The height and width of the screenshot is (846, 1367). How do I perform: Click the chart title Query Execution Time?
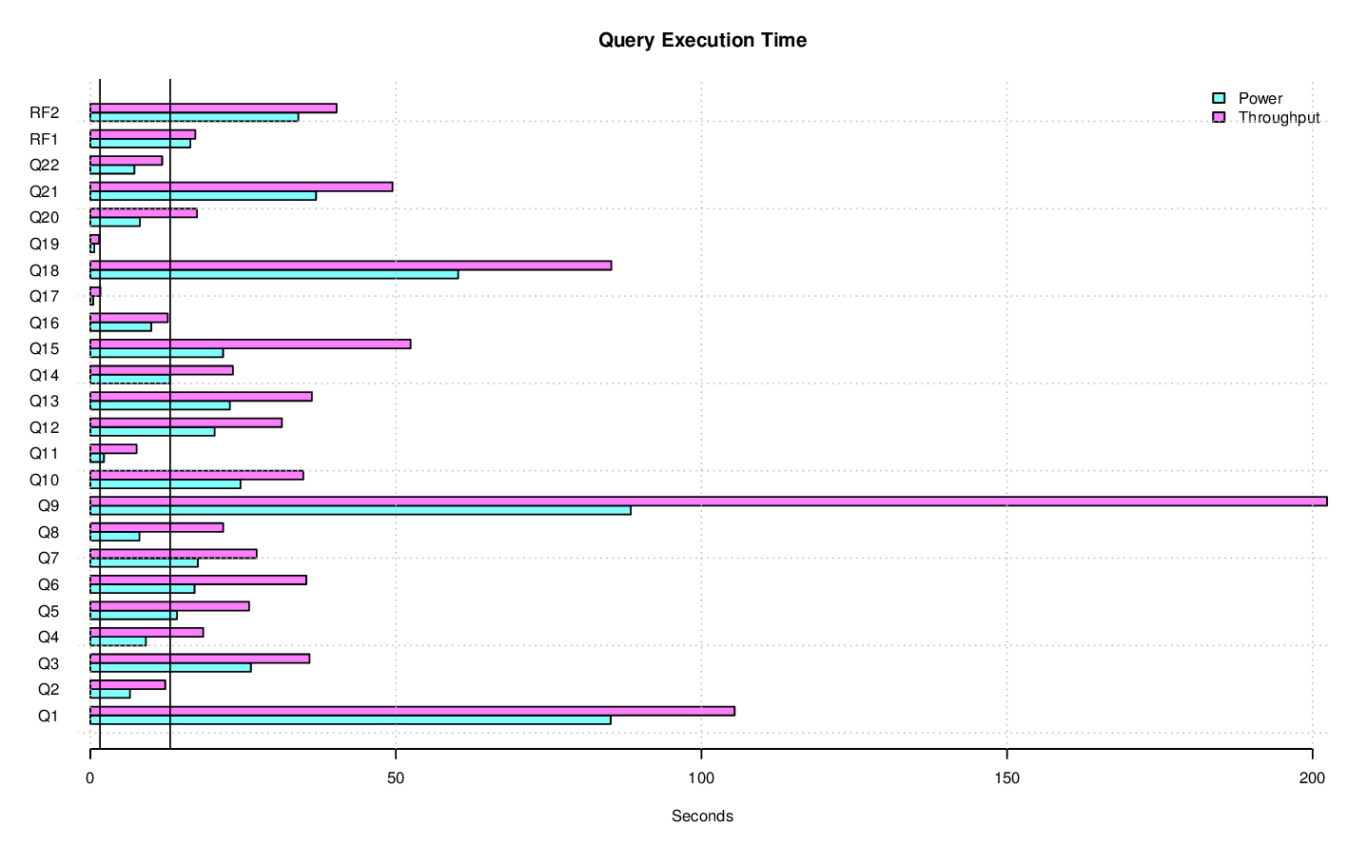(x=702, y=40)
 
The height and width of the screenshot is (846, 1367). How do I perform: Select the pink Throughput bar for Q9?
(x=708, y=502)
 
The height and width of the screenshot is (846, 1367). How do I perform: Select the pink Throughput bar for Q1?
(x=412, y=711)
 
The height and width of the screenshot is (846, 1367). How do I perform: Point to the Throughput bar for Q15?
(x=250, y=344)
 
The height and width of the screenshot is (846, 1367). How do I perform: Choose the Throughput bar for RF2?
(x=213, y=108)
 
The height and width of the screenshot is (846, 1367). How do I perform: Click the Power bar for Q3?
(x=170, y=668)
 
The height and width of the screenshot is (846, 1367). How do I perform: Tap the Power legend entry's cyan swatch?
(x=1218, y=98)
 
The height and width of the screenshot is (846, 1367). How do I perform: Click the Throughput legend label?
(x=1279, y=117)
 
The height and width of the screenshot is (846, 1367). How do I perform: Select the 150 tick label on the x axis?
(x=1006, y=778)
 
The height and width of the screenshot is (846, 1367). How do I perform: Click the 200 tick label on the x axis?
(x=1312, y=778)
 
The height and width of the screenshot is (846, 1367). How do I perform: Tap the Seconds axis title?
(x=702, y=816)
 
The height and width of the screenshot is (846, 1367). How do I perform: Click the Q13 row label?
(x=45, y=401)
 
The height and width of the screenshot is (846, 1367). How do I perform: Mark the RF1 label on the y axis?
(x=45, y=139)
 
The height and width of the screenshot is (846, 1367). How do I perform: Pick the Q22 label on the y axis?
(x=45, y=165)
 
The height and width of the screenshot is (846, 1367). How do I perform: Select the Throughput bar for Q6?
(x=198, y=580)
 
